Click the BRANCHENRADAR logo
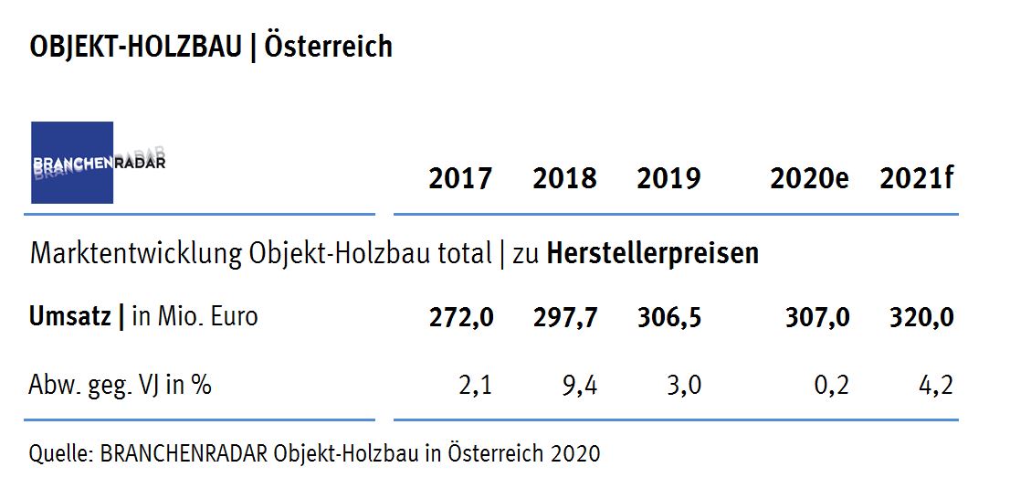click(x=72, y=163)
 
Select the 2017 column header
click(x=460, y=178)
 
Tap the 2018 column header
click(x=564, y=178)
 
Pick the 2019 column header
click(x=668, y=178)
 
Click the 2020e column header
click(x=809, y=178)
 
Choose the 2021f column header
click(x=916, y=178)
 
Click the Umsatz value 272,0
click(x=461, y=317)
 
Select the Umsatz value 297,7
click(x=565, y=317)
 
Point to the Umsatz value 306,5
click(x=669, y=317)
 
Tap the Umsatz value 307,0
click(x=817, y=317)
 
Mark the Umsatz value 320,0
click(x=921, y=317)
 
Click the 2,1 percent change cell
click(x=476, y=386)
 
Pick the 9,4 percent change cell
click(x=580, y=386)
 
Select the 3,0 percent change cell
click(x=684, y=386)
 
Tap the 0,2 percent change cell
click(x=831, y=386)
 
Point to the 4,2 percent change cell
click(x=935, y=386)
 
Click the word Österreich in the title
click(x=329, y=47)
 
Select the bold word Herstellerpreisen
click(x=653, y=253)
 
